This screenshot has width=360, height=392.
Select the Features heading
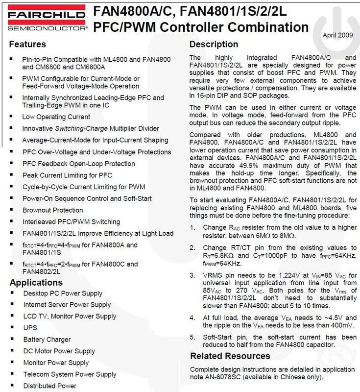(x=28, y=44)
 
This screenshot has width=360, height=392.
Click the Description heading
(x=214, y=44)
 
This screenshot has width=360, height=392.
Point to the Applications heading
(x=36, y=282)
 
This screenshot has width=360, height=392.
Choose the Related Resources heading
(x=230, y=356)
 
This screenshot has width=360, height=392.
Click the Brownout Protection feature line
(x=52, y=210)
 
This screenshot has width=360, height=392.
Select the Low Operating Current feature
(x=56, y=117)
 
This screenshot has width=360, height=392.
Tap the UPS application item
(x=30, y=328)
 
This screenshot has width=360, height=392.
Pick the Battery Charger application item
(x=47, y=340)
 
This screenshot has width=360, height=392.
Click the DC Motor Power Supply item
(x=59, y=351)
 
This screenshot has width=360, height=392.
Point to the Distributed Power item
(x=50, y=386)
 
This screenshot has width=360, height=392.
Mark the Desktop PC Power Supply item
(x=63, y=293)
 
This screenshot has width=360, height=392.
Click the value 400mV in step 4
(x=340, y=325)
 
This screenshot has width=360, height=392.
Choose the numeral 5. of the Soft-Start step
(x=193, y=337)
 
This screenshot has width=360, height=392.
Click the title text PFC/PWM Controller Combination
(x=201, y=26)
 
